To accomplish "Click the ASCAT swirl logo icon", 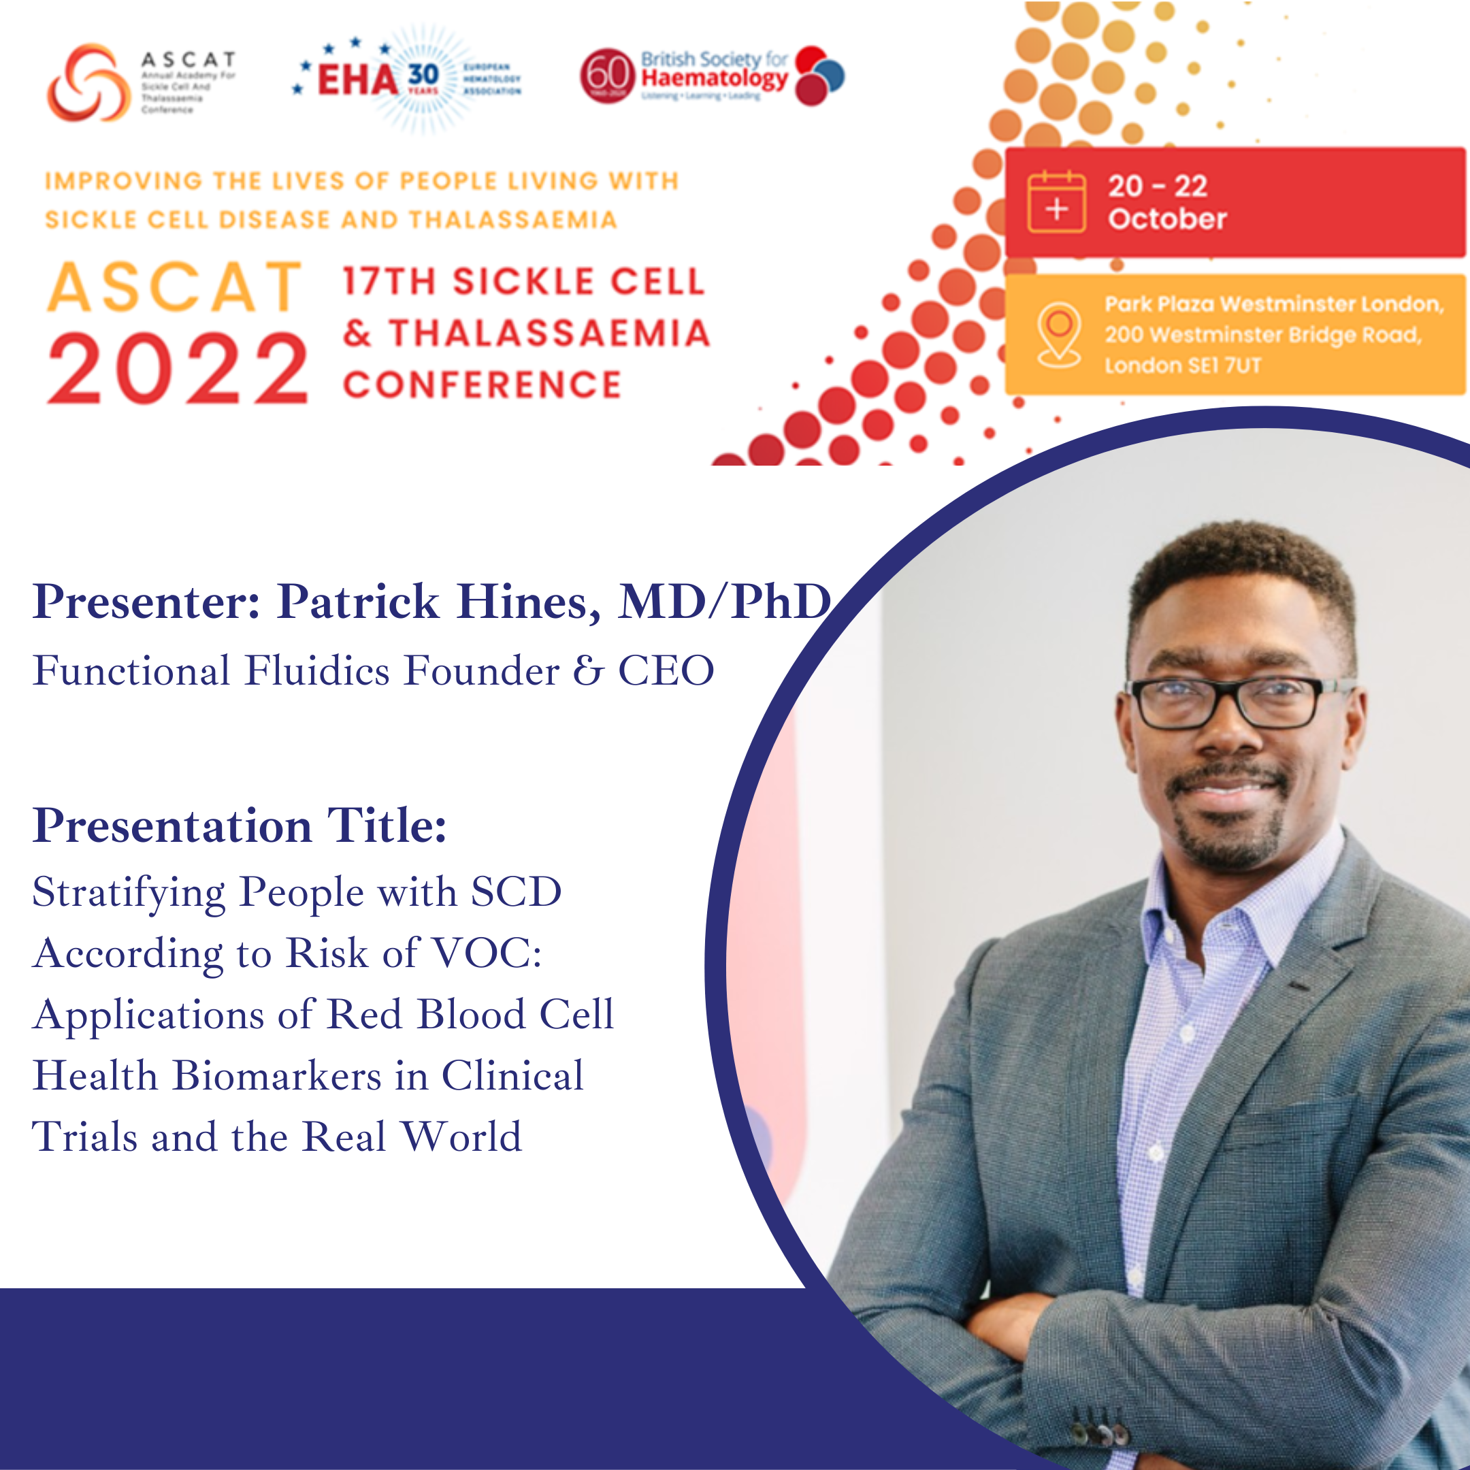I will (x=88, y=82).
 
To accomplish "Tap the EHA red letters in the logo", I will (x=357, y=80).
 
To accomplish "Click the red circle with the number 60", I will (x=607, y=76).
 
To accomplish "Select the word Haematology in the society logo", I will (x=714, y=78).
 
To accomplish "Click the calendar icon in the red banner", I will (x=1056, y=202).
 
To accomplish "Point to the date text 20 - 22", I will (x=1157, y=186).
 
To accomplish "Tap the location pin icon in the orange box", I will (x=1059, y=333).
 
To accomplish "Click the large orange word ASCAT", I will (x=175, y=288).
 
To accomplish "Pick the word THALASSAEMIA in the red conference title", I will (x=549, y=333).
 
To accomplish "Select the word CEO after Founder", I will (x=666, y=671).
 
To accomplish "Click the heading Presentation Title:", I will (x=239, y=826).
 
